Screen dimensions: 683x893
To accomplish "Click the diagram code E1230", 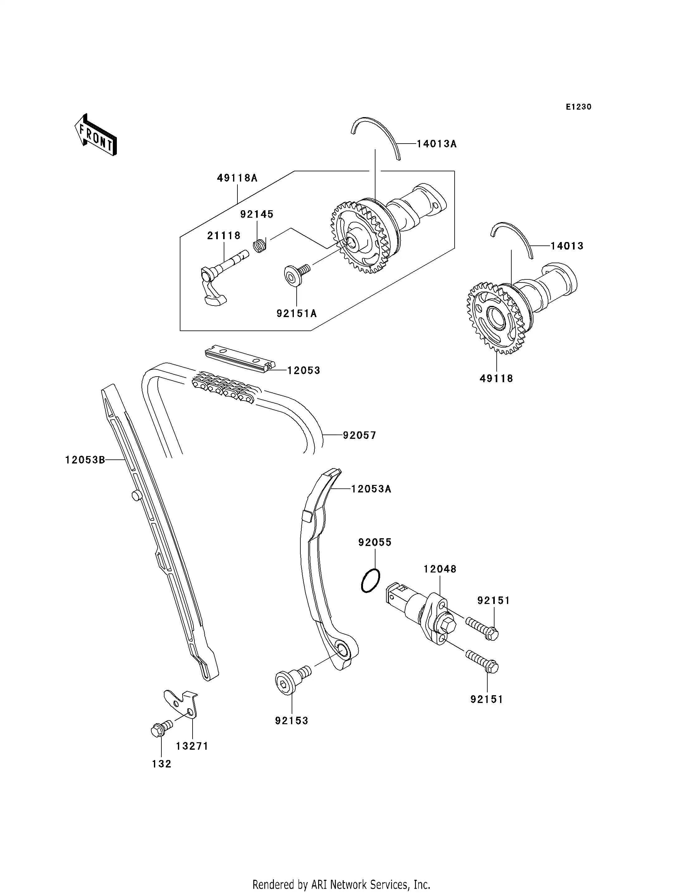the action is (x=579, y=107).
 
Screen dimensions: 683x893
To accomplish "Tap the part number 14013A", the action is (x=437, y=144).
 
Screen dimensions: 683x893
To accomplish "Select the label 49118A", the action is (x=237, y=178).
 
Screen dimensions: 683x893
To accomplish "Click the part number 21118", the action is (x=224, y=235).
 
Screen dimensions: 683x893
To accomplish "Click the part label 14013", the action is (x=567, y=246).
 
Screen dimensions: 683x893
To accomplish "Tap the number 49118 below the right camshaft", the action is (x=496, y=378).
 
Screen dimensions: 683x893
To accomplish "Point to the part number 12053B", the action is (x=85, y=460).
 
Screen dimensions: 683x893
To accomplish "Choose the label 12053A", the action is (x=371, y=489).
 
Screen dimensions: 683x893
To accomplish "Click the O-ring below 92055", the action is (x=370, y=581).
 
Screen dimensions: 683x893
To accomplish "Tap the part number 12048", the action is (x=440, y=569).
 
